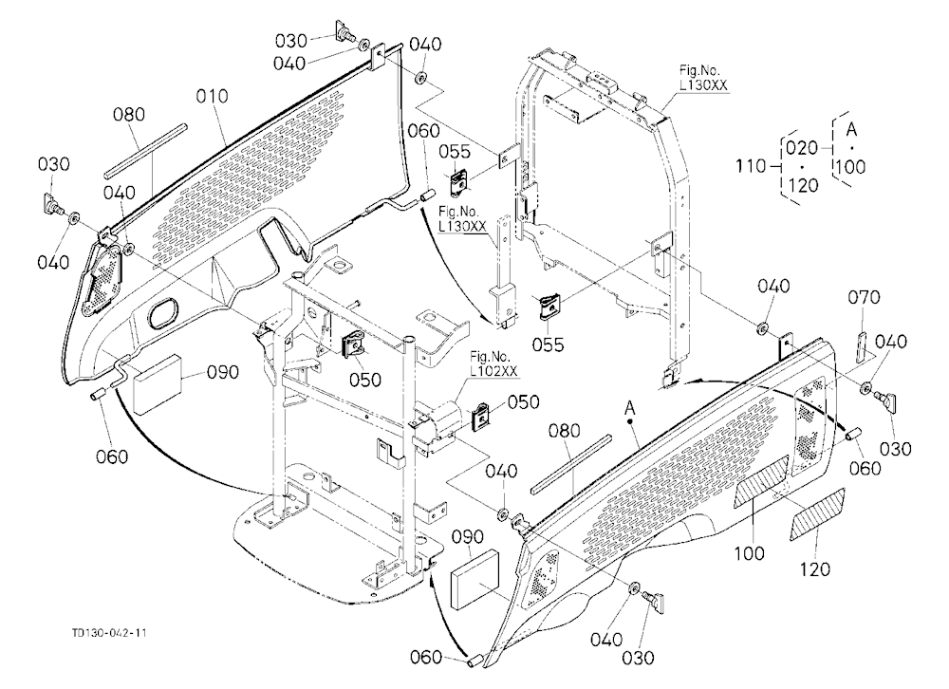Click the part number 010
pos(213,96)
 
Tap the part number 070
pos(864,297)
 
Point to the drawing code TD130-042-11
pos(109,633)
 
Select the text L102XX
pos(493,370)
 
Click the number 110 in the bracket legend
pos(751,165)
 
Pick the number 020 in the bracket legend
pos(803,148)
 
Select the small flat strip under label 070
pos(861,347)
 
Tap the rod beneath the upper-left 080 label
pos(146,151)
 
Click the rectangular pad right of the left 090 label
pos(157,383)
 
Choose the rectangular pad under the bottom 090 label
pos(475,580)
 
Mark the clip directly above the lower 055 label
pos(549,308)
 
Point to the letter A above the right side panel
pos(630,409)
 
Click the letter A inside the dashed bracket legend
pos(851,129)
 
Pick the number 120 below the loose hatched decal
pos(814,569)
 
